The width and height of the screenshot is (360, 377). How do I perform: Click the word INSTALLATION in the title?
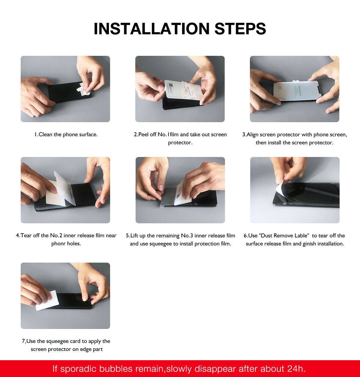coord(151,29)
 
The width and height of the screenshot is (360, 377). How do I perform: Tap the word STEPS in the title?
coord(240,29)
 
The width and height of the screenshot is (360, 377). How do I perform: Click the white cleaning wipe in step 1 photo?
coord(84,89)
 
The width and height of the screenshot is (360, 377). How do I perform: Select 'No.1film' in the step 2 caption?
coord(168,134)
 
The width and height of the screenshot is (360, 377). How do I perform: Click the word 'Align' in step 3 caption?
coord(252,135)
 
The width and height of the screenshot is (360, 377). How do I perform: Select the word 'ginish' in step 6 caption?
coord(309,244)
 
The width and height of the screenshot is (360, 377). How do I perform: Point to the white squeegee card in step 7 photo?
coord(47,300)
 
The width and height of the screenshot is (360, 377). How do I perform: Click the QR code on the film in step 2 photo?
coord(171,86)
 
